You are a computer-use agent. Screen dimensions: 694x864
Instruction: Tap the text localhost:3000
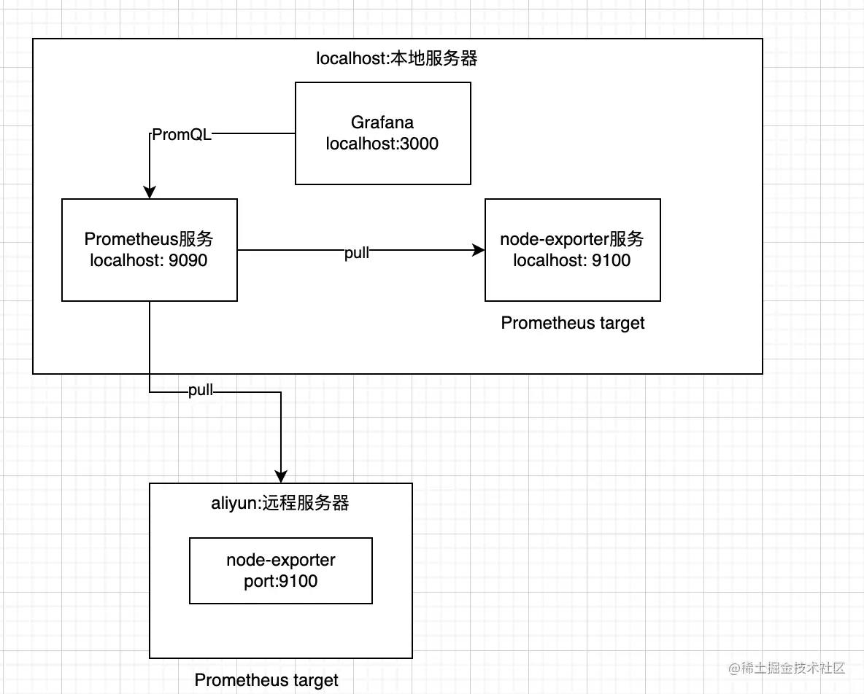click(x=382, y=144)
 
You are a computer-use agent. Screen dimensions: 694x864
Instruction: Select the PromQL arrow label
click(x=181, y=135)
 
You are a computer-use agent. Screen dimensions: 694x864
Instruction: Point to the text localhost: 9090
click(x=149, y=260)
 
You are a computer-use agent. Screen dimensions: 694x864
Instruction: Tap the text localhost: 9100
click(x=572, y=260)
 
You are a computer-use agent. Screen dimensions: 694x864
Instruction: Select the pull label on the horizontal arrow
click(x=357, y=253)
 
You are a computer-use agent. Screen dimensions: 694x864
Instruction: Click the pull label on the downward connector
click(x=201, y=390)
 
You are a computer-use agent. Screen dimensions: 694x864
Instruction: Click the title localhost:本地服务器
click(x=397, y=59)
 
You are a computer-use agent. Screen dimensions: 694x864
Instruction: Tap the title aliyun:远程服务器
click(x=281, y=504)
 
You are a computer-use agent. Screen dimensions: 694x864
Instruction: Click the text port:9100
click(x=281, y=581)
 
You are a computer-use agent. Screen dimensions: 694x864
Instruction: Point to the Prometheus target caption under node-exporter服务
click(x=573, y=323)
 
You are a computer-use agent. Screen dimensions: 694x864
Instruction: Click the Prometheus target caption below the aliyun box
click(x=266, y=680)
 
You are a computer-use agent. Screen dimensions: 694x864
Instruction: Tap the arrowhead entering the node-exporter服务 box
click(x=479, y=250)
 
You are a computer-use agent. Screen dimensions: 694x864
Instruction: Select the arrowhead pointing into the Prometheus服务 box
click(x=150, y=192)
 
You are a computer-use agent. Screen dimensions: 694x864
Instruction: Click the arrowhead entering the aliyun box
click(x=281, y=477)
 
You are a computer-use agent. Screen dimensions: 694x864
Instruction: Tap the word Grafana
click(x=382, y=122)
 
